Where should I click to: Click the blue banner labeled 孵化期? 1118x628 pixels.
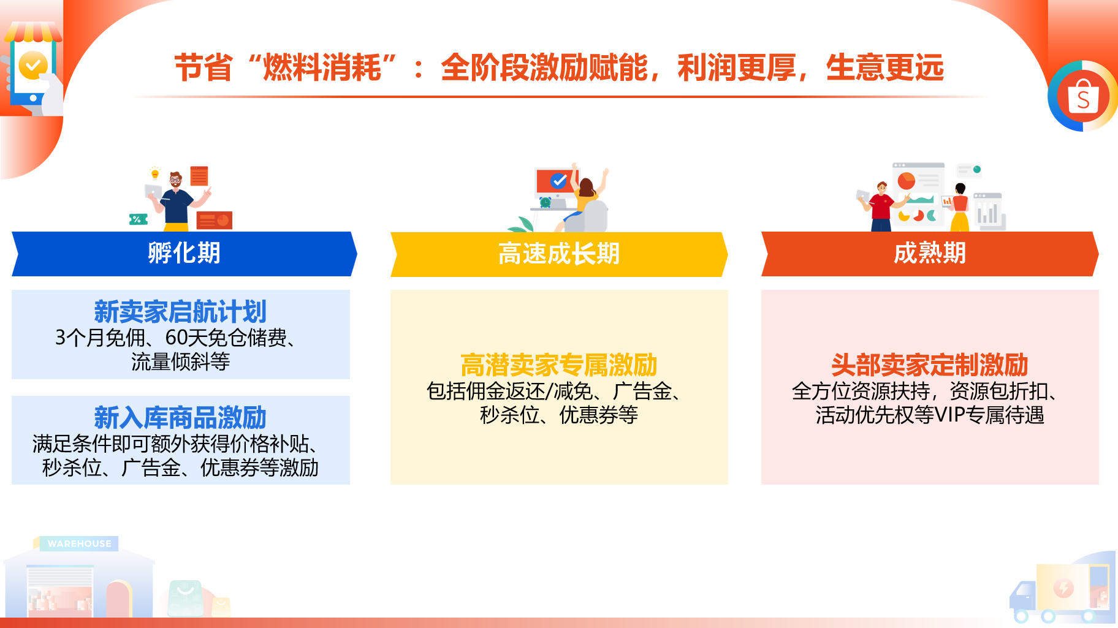[184, 254]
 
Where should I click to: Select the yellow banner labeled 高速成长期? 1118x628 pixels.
[559, 254]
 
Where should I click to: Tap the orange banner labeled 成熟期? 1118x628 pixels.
[930, 254]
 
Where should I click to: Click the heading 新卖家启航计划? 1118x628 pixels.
[180, 312]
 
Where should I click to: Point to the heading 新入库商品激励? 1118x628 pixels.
[180, 418]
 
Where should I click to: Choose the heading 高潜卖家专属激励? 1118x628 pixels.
[559, 365]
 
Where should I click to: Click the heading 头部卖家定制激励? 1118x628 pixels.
[930, 365]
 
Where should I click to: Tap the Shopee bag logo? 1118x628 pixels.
[1083, 96]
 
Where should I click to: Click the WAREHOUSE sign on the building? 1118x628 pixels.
[79, 543]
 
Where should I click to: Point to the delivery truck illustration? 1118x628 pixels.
[1060, 592]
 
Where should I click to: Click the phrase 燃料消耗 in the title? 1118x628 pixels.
[322, 67]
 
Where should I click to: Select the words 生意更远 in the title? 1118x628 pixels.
[885, 67]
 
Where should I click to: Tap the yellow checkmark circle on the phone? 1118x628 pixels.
[33, 65]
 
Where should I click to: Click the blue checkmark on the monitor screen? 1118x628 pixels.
[558, 181]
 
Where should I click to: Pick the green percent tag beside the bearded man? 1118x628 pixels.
[138, 219]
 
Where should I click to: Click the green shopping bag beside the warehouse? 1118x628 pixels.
[185, 598]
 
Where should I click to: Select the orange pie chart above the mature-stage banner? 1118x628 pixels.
[907, 181]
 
